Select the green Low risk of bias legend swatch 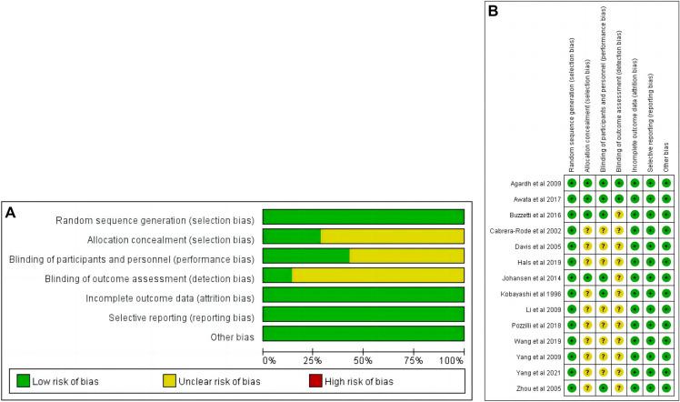pos(25,381)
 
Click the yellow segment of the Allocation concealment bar pos(393,236)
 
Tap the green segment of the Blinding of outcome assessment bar pos(277,275)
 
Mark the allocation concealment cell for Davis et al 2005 pos(587,246)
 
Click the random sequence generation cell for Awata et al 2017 pos(572,198)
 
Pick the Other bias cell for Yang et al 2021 pos(666,372)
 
